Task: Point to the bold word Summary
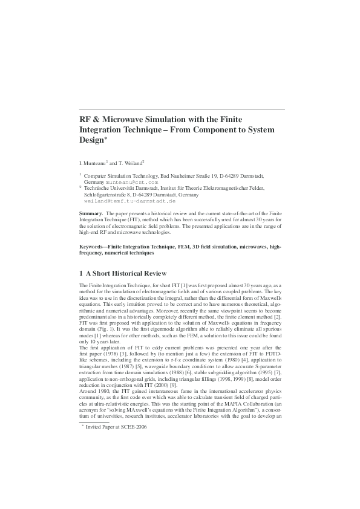click(x=91, y=214)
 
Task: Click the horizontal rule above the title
click(x=182, y=109)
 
